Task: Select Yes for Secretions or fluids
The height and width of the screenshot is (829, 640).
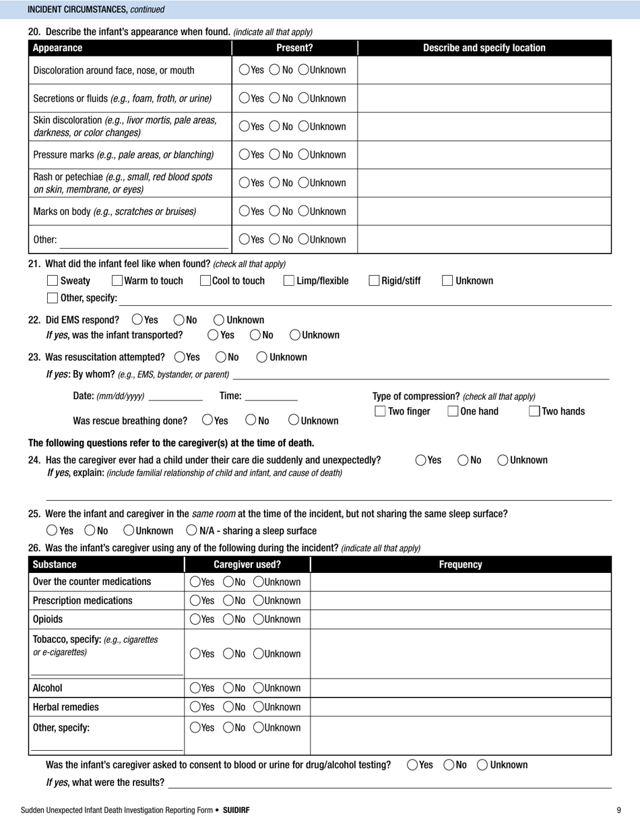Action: pyautogui.click(x=244, y=98)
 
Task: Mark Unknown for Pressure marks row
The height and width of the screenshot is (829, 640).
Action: pyautogui.click(x=304, y=155)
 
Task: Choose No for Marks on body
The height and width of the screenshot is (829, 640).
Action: pyautogui.click(x=274, y=212)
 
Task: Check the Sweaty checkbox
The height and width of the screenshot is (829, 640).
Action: pyautogui.click(x=53, y=281)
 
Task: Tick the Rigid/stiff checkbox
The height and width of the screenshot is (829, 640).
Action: pyautogui.click(x=374, y=281)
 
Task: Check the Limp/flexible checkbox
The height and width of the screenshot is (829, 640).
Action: pyautogui.click(x=289, y=281)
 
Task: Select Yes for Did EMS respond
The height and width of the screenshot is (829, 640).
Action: pyautogui.click(x=137, y=320)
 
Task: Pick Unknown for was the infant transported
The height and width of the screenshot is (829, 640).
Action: pyautogui.click(x=295, y=335)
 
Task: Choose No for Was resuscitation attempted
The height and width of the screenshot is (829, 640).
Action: pyautogui.click(x=221, y=357)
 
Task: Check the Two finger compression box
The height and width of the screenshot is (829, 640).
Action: pyautogui.click(x=380, y=411)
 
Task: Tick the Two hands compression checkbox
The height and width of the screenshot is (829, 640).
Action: pyautogui.click(x=534, y=411)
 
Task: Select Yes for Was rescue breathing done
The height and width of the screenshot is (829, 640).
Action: pyautogui.click(x=208, y=421)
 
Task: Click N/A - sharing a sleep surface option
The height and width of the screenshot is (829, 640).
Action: pyautogui.click(x=192, y=530)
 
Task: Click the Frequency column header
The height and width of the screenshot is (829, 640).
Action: pyautogui.click(x=460, y=565)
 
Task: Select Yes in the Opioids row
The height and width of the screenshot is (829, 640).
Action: pyautogui.click(x=195, y=619)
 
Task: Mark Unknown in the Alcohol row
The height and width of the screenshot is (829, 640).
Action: pyautogui.click(x=259, y=688)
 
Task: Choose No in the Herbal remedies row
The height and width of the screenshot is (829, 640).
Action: pyautogui.click(x=228, y=707)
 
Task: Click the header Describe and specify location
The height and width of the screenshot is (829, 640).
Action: pyautogui.click(x=484, y=48)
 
